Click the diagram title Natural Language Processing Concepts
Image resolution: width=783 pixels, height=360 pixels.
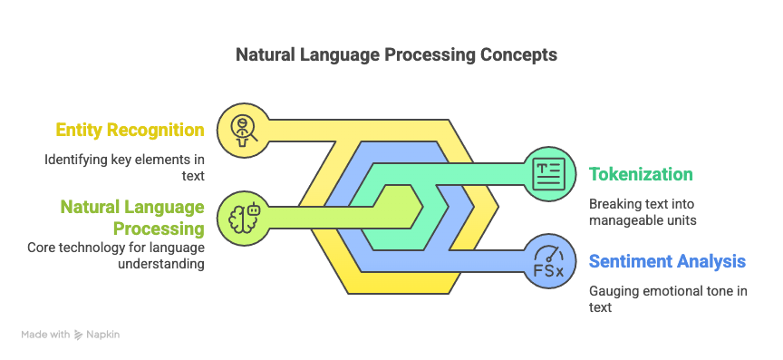tap(396, 54)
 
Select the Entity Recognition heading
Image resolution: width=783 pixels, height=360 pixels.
tap(130, 130)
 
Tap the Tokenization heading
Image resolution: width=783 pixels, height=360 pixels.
tap(641, 174)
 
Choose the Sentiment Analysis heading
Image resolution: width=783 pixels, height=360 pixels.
tap(667, 261)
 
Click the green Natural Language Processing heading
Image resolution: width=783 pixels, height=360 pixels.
tap(132, 218)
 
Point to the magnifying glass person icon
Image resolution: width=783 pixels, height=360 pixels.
tap(244, 130)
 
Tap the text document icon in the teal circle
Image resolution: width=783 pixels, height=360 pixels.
tap(549, 173)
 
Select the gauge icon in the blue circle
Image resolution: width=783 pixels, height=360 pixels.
tap(549, 261)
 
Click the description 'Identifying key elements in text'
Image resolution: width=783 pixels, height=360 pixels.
tap(124, 168)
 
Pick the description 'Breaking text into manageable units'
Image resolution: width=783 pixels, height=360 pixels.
tap(643, 212)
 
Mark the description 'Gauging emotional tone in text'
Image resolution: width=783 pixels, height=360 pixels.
tap(668, 298)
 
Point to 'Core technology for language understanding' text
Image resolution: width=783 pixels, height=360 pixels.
tap(116, 255)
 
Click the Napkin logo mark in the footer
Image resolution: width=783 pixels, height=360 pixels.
tap(79, 335)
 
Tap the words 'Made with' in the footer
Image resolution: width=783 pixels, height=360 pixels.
tap(45, 335)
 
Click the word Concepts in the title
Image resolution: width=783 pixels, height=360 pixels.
tap(519, 54)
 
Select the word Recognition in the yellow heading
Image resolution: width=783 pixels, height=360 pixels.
tap(156, 130)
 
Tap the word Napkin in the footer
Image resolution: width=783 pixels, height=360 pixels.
tap(103, 335)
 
